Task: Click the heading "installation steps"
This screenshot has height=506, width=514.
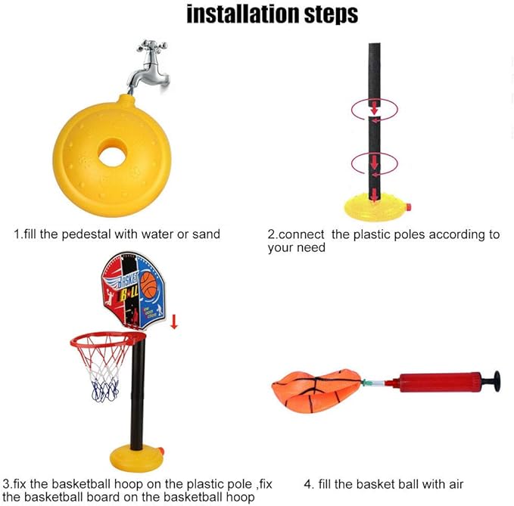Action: click(272, 14)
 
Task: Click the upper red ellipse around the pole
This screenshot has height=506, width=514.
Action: click(373, 110)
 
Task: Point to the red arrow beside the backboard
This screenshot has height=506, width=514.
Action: click(174, 321)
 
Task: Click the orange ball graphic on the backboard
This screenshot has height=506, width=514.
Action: click(148, 285)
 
